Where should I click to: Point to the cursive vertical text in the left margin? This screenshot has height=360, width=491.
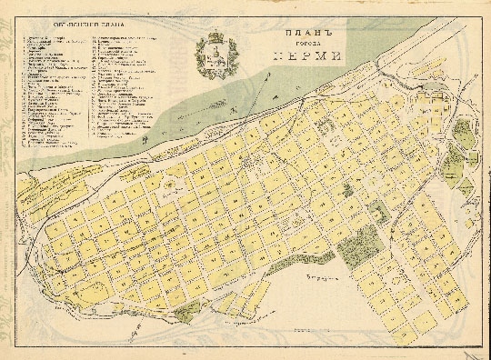point(6,182)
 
